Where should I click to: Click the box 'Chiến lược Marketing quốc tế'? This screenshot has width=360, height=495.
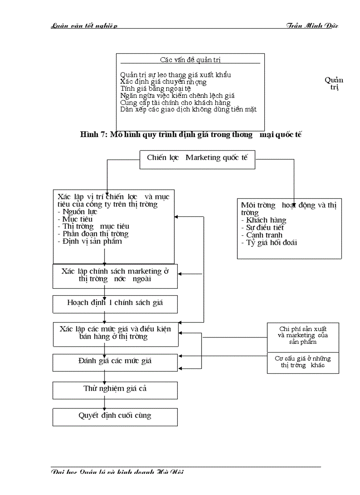pos(198,159)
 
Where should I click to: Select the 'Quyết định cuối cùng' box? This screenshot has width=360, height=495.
pos(115,416)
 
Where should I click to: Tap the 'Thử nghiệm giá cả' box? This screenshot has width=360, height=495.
pos(115,389)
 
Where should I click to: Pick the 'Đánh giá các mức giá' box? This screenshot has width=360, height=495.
pos(115,361)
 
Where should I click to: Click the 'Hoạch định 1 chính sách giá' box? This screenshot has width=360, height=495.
pos(115,303)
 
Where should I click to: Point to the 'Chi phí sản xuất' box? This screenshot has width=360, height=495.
pos(303,335)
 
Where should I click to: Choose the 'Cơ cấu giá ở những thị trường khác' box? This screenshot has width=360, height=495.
pos(303,362)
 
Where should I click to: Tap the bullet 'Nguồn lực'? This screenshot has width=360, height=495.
pos(76,212)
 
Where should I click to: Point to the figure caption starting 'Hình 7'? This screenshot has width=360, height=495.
pos(191,135)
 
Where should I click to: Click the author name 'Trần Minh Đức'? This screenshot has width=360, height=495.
pos(312,26)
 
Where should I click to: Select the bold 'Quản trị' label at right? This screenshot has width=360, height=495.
pos(334,83)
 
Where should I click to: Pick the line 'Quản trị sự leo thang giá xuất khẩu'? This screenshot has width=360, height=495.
pos(175,75)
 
